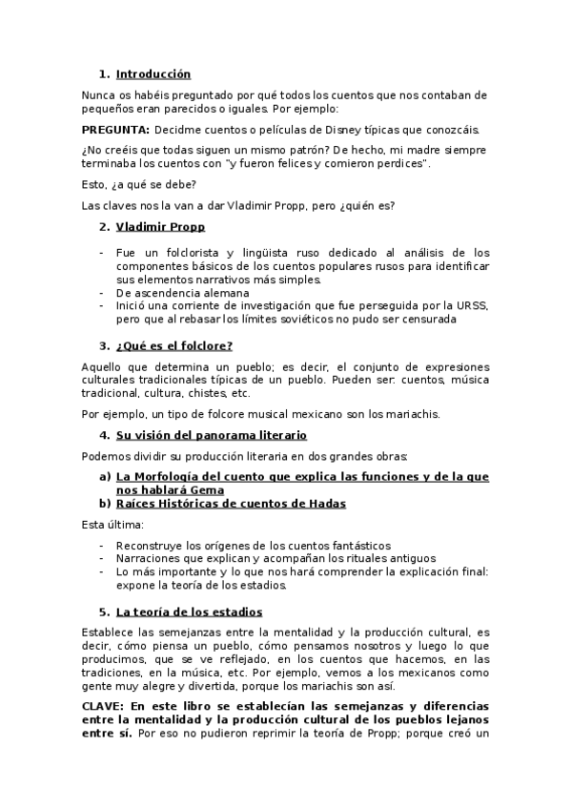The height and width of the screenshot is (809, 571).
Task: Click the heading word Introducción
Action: [x=153, y=73]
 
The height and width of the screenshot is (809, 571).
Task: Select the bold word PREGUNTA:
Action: [x=114, y=130]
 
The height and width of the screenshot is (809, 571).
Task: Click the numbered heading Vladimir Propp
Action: [x=160, y=227]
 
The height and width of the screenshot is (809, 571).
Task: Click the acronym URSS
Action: [x=473, y=305]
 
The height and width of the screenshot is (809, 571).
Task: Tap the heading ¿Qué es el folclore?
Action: [x=174, y=345]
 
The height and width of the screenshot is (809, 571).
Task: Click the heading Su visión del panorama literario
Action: [x=211, y=435]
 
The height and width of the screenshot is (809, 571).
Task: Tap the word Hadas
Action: [x=324, y=503]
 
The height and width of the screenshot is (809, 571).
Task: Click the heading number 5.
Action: [x=104, y=612]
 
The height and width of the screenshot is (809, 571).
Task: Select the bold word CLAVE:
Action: [x=108, y=704]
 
